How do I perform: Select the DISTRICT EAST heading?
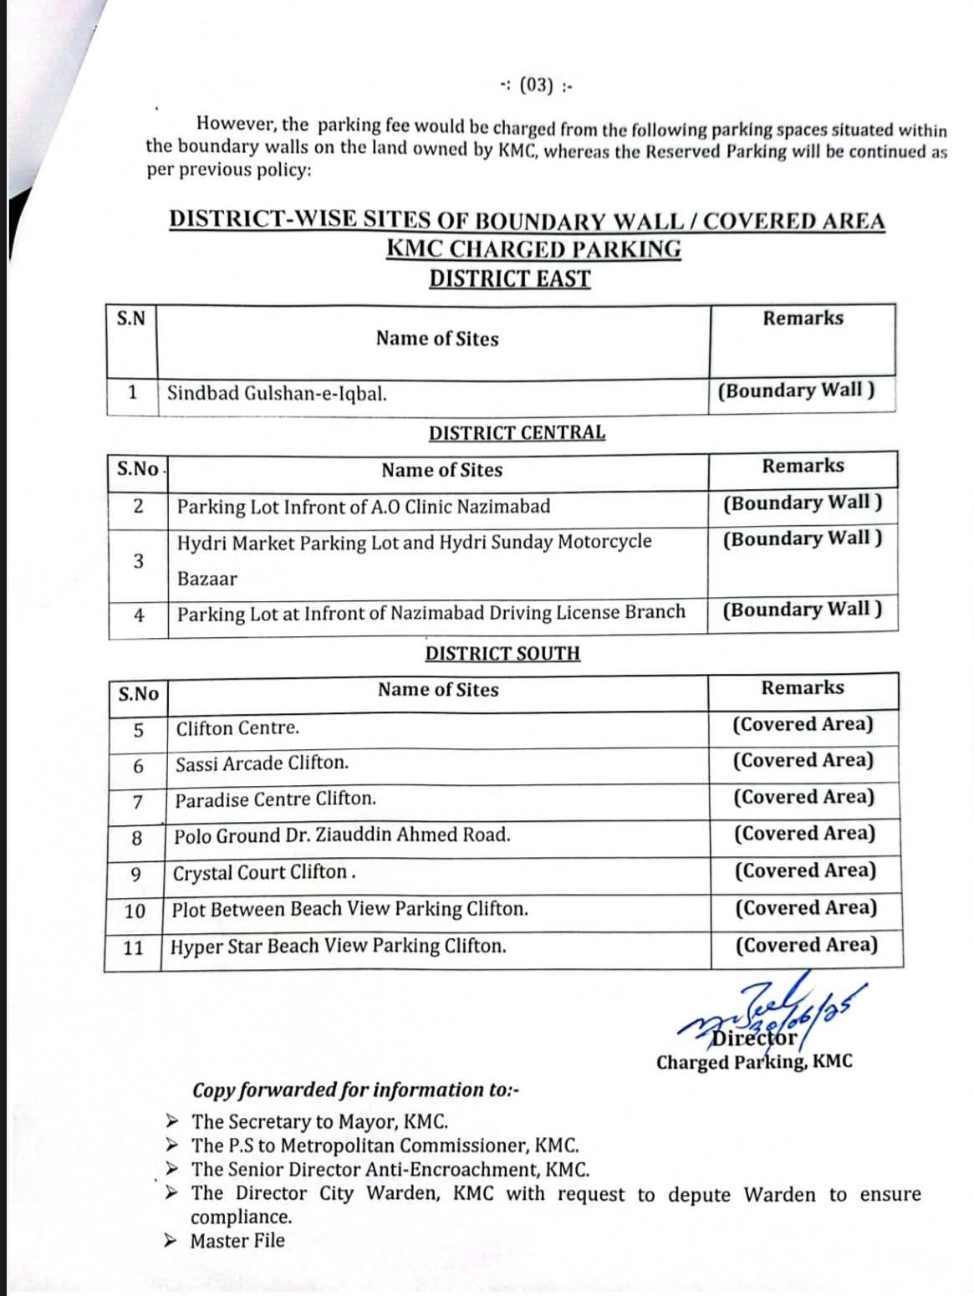point(509,278)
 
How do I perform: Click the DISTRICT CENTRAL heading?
point(517,432)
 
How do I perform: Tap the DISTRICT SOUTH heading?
point(502,653)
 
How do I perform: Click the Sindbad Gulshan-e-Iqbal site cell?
point(277,393)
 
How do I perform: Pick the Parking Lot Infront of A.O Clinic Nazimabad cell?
point(364,507)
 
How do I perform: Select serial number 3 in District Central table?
point(138,560)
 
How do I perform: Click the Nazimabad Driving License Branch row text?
point(431,613)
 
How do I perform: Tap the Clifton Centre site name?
point(237,727)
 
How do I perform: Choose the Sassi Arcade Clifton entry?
point(262,763)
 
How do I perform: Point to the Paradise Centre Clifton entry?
point(275,799)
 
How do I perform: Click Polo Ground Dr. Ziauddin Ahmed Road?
point(342,835)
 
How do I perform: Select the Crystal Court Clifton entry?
point(264,872)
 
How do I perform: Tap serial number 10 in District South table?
point(134,911)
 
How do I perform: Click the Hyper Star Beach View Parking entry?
point(339,946)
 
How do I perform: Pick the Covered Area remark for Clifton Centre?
point(803,724)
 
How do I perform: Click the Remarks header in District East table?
point(803,319)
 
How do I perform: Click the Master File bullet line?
point(237,1241)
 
